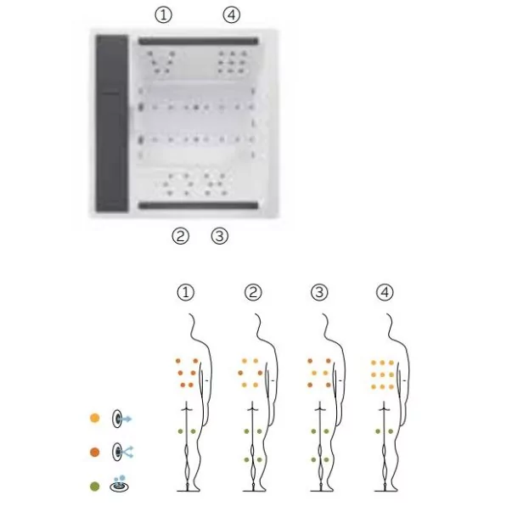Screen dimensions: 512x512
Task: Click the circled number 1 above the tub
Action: tap(163, 14)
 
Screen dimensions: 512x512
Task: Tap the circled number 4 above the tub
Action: tap(232, 14)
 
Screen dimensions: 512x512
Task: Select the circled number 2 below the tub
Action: tap(180, 236)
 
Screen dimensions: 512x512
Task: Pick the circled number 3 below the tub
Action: tap(219, 236)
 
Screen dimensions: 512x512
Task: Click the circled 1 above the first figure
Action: tap(186, 292)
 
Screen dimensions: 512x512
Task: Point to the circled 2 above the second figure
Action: tap(253, 292)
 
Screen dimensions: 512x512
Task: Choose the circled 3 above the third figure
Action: tap(319, 292)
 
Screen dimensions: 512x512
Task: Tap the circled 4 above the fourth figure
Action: tap(385, 292)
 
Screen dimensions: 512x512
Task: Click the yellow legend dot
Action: tap(95, 418)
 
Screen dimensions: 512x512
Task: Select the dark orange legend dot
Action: tap(95, 453)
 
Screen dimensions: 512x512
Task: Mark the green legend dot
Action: tap(95, 487)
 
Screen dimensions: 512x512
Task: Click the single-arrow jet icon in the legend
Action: tap(121, 419)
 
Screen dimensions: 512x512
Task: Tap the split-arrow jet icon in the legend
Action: tap(122, 452)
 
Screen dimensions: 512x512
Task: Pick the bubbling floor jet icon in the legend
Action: tap(119, 484)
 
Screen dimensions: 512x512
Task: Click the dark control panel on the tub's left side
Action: tap(112, 123)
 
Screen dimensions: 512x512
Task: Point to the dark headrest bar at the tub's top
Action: tap(198, 41)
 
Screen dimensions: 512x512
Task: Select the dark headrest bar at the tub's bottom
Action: tap(198, 205)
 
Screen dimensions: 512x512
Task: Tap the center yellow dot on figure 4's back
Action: tap(382, 374)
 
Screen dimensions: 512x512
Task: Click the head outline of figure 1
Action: tap(194, 328)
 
